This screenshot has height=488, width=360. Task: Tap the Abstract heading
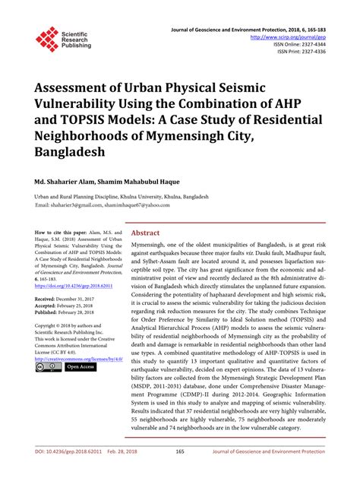pyautogui.click(x=146, y=233)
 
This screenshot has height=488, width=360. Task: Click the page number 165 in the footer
pyautogui.click(x=180, y=473)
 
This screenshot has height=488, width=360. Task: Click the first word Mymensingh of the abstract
pyautogui.click(x=151, y=248)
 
